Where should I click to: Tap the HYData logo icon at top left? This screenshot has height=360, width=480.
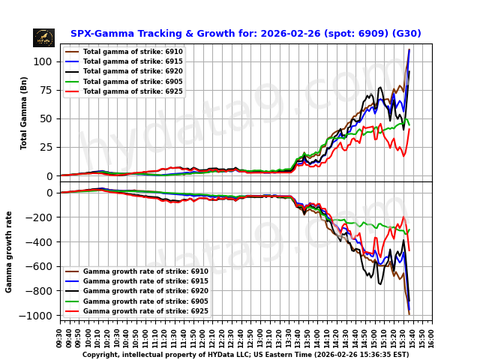[43, 37]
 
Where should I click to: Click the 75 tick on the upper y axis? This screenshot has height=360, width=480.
[49, 90]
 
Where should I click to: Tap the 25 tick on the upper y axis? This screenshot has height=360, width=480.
[49, 147]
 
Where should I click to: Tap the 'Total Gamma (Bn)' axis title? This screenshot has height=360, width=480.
[24, 112]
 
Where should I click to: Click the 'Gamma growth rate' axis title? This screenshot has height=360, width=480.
[9, 252]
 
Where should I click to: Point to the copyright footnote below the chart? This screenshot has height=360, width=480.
[245, 355]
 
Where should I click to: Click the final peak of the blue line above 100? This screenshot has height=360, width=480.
[409, 50]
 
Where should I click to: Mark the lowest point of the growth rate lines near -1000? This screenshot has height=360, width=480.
[409, 312]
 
